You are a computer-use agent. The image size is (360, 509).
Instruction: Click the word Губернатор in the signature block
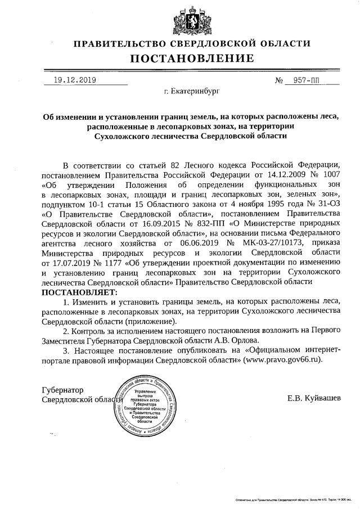point(62,390)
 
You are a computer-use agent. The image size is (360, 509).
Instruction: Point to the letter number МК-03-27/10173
point(259,242)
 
